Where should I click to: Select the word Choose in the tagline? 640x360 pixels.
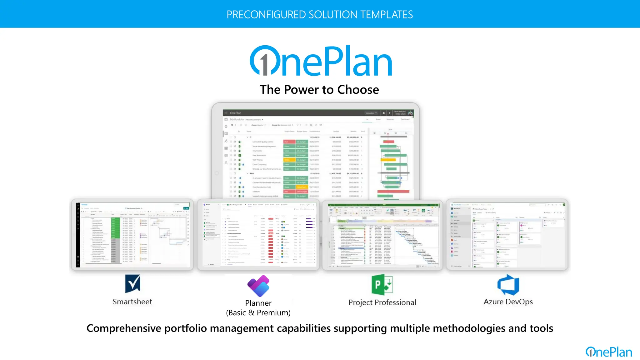click(358, 90)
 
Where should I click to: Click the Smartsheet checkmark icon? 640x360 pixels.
click(132, 283)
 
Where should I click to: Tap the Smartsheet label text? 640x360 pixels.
click(132, 302)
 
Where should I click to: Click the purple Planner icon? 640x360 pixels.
click(258, 286)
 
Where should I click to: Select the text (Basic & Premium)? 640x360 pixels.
click(258, 313)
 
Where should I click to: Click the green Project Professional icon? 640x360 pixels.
click(382, 285)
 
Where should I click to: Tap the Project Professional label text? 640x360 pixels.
click(382, 302)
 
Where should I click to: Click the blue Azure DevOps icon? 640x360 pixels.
click(508, 285)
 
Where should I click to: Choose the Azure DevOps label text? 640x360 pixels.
click(508, 302)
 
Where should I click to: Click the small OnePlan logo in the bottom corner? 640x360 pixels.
click(608, 352)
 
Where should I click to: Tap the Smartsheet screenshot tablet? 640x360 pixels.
click(132, 235)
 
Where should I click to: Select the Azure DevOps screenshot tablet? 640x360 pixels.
click(507, 235)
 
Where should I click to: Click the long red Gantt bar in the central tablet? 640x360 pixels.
click(393, 191)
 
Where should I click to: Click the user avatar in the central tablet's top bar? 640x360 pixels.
click(410, 113)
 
